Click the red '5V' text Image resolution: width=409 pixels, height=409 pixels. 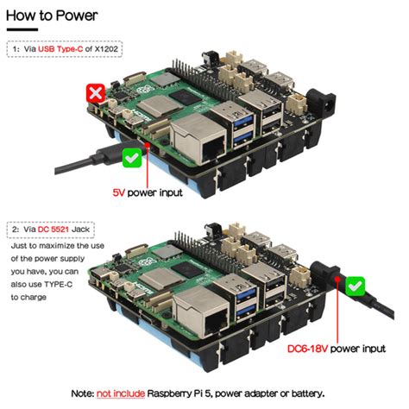coord(119,192)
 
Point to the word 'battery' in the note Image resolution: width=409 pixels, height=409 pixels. coord(305,393)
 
